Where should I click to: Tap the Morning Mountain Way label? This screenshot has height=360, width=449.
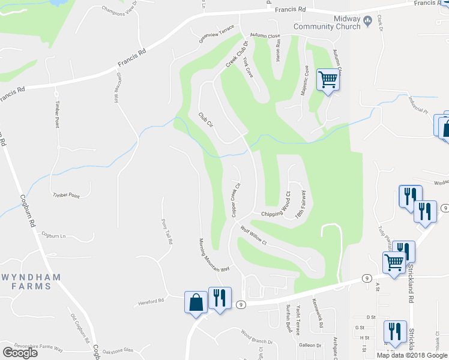214,256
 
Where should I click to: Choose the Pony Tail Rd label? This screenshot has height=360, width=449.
167,232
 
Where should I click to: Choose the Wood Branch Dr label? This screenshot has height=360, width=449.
257,337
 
